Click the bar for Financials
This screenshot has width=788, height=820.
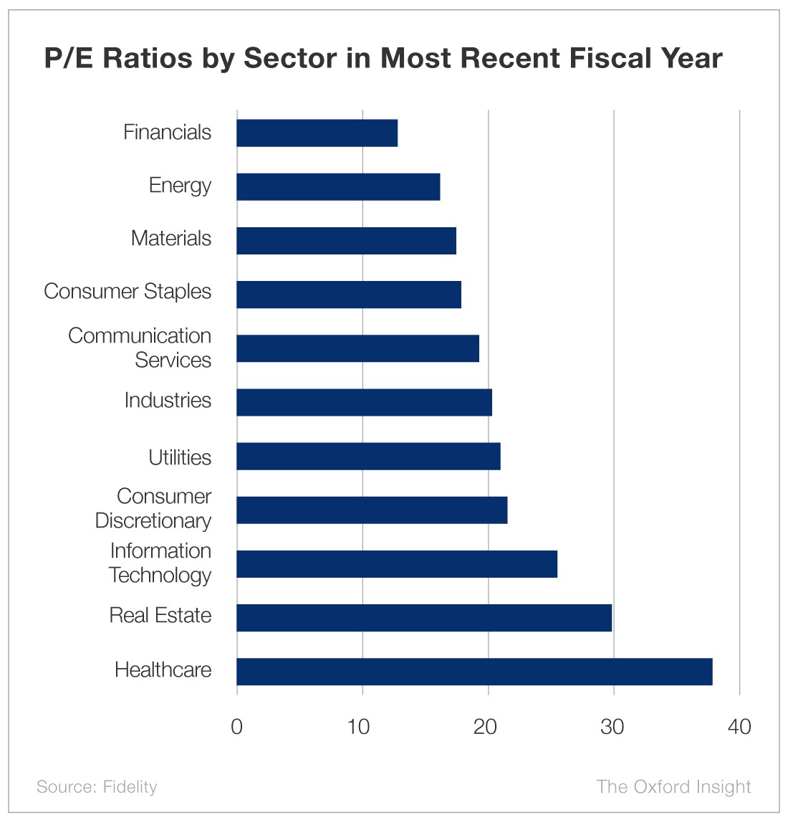317,133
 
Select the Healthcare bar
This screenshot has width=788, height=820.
474,672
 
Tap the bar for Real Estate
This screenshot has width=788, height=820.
424,618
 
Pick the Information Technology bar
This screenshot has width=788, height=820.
397,564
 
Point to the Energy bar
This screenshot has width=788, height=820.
338,187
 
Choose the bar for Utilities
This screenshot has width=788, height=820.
368,457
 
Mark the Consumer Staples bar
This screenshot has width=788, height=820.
349,295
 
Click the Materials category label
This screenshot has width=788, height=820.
171,239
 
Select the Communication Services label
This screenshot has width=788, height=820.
140,348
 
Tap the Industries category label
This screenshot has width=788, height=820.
168,400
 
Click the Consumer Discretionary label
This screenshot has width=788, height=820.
153,508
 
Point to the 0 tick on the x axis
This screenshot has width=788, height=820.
237,727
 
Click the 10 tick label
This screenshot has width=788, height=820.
359,727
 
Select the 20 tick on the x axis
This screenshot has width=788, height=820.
486,727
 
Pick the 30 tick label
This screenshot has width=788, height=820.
612,727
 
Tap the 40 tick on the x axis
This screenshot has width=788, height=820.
739,727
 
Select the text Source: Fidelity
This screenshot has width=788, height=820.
97,787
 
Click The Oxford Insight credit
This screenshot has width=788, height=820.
673,787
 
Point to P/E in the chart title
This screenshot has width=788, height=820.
69,58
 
